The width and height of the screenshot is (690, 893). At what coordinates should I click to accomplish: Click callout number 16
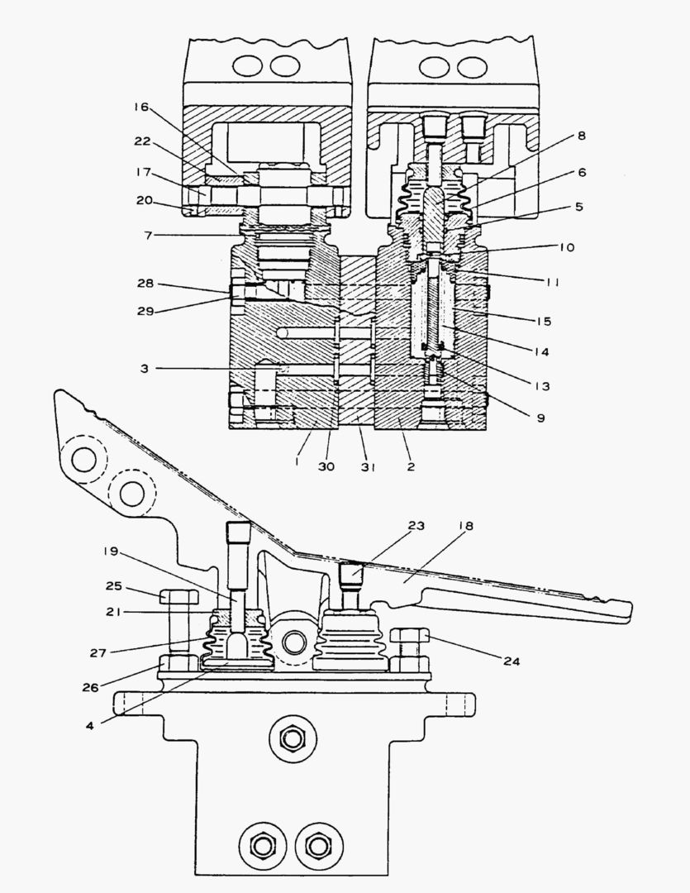tap(141, 107)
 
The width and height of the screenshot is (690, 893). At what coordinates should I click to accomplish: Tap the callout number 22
tap(141, 142)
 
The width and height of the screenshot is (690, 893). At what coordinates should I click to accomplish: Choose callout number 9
tap(540, 418)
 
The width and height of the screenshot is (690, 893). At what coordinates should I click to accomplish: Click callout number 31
tap(368, 468)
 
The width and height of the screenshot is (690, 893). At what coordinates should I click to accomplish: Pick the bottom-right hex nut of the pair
tap(315, 845)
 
